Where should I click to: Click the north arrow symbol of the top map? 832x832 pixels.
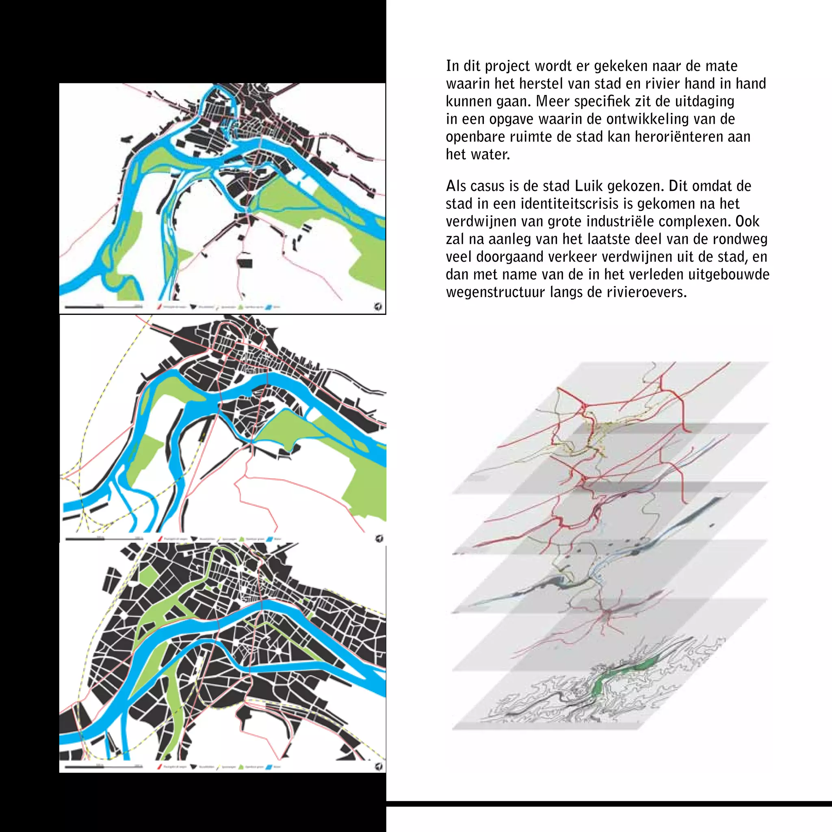pos(378,307)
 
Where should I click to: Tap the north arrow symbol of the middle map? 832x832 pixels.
pos(379,538)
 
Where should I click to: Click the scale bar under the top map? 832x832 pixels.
pos(103,307)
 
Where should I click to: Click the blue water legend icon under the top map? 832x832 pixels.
pos(269,307)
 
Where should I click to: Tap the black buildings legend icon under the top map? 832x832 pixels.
pos(193,307)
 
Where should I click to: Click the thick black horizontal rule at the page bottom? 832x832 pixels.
pos(609,804)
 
